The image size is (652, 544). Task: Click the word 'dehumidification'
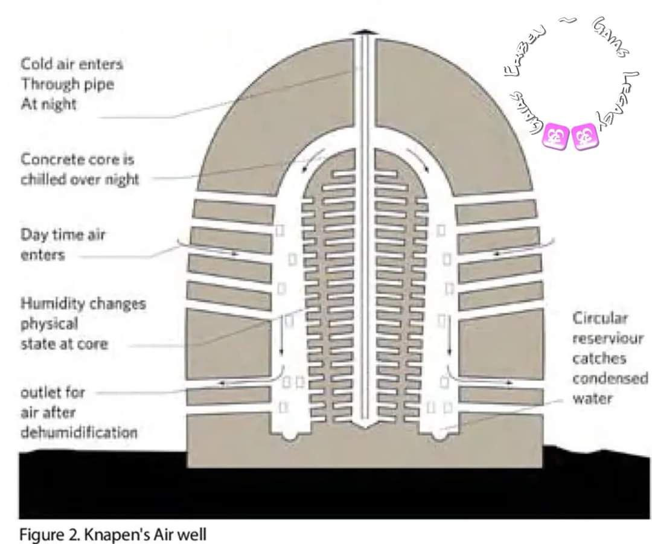78,432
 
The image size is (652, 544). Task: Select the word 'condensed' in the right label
610,379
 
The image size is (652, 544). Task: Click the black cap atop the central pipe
364,30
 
